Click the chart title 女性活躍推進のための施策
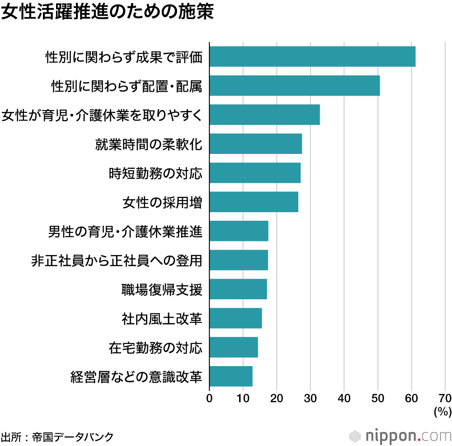(107, 12)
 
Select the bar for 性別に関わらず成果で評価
(312, 56)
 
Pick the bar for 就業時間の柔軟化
(256, 144)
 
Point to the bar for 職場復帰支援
(238, 289)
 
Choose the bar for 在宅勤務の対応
(234, 347)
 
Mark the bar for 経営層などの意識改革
(231, 376)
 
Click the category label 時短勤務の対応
(155, 173)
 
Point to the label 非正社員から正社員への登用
(117, 260)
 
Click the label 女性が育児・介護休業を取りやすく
(102, 115)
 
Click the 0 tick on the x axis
(209, 398)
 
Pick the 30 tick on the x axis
(311, 398)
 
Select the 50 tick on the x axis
(378, 398)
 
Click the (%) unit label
(443, 411)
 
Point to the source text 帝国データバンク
(73, 437)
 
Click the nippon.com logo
(400, 436)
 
